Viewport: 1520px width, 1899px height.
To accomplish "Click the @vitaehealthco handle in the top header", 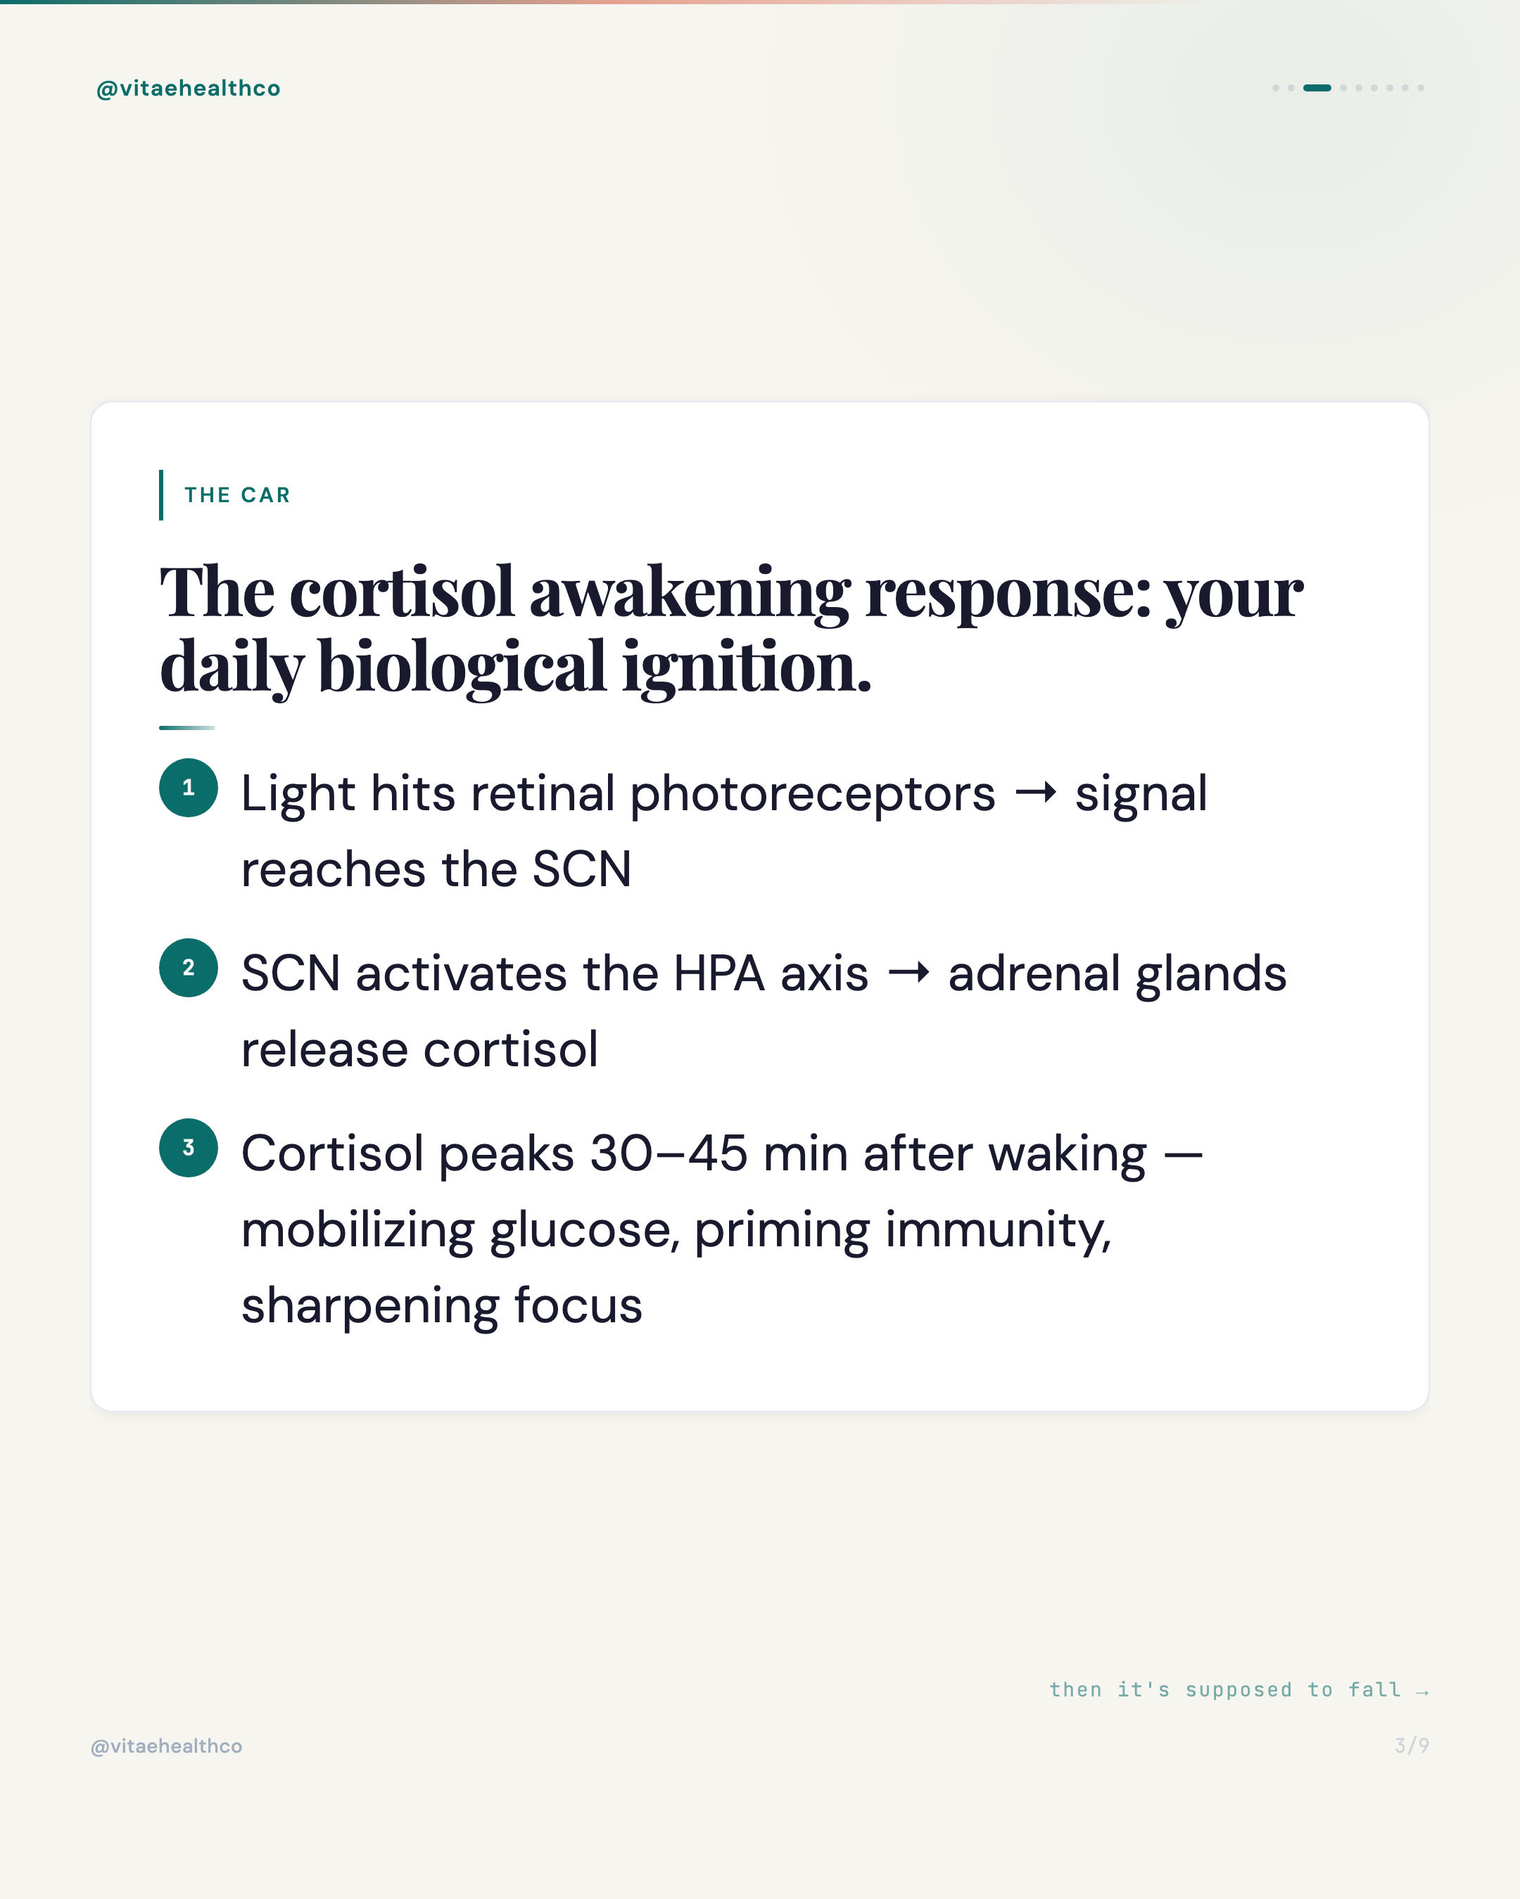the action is click(188, 88).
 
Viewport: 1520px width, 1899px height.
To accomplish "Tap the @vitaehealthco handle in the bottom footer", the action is click(167, 1746).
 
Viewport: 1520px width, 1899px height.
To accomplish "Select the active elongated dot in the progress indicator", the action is click(1317, 88).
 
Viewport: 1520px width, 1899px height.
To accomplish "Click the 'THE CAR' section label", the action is click(237, 495).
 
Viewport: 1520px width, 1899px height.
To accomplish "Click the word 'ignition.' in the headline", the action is click(747, 666).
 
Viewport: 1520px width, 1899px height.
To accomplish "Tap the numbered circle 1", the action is click(189, 788).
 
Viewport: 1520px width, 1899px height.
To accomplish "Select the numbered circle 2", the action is click(189, 967).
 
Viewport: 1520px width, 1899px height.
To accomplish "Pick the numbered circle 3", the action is click(189, 1148).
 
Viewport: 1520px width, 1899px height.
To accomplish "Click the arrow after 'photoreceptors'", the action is click(1035, 793).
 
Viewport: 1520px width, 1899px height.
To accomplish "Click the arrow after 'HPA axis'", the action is click(908, 973).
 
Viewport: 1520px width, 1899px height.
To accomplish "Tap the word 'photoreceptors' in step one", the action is click(813, 795).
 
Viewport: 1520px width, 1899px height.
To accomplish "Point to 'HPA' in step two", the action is click(718, 973).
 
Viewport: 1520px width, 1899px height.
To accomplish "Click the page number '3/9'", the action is click(1412, 1746).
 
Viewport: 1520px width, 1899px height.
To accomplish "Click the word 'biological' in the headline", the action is click(462, 666).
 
